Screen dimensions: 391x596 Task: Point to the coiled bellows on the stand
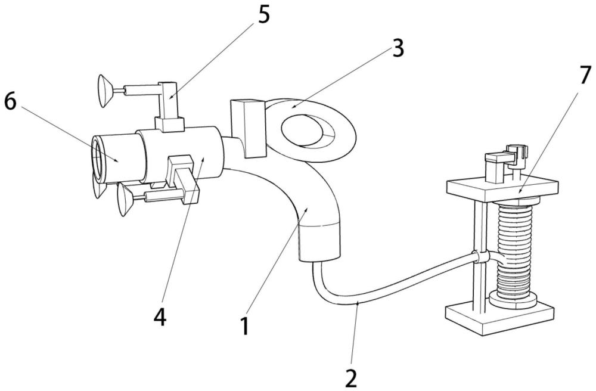click(514, 250)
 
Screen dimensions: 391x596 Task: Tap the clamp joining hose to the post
click(482, 257)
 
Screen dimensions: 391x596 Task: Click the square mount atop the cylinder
click(170, 123)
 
